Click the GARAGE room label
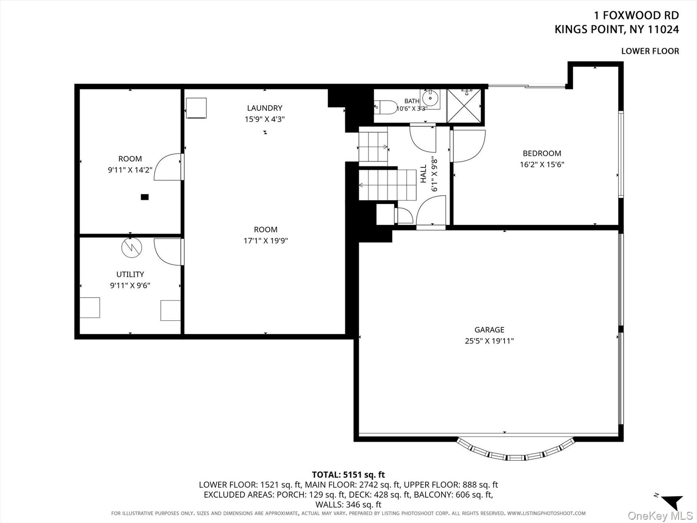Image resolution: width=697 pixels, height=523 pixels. tap(489, 329)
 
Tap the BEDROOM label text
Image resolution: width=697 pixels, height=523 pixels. tap(542, 153)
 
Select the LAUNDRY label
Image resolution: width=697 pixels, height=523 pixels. tap(264, 108)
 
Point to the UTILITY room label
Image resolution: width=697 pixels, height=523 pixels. tap(130, 274)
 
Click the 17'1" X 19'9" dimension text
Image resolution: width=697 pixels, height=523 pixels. tap(266, 241)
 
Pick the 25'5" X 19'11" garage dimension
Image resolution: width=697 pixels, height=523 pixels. tap(489, 341)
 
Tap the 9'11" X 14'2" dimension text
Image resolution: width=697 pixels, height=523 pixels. tap(130, 170)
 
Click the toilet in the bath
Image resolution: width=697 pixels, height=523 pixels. tap(386, 107)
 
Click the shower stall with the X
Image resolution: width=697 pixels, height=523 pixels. tap(464, 106)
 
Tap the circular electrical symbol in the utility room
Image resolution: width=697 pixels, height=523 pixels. tap(132, 248)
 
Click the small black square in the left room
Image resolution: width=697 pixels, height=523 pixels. tap(145, 197)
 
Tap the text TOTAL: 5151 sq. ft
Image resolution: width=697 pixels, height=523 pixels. tap(348, 475)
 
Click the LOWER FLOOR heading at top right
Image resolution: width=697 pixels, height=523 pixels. tap(650, 51)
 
